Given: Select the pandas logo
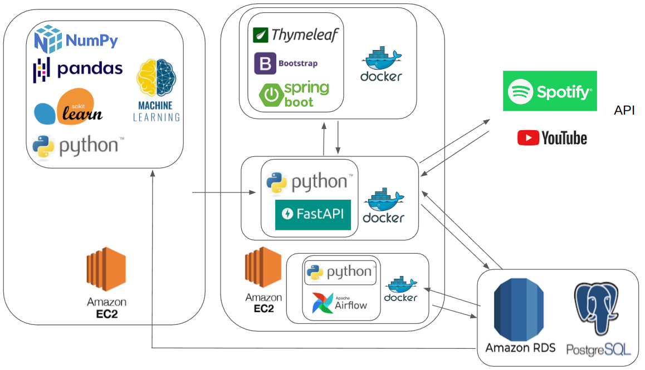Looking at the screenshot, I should [78, 69].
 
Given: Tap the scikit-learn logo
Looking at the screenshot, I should [69, 107].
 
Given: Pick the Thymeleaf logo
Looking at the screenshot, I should [295, 35].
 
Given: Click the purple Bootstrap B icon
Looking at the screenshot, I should [265, 63].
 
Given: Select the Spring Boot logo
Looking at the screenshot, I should [294, 95].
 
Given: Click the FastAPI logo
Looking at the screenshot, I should [313, 214].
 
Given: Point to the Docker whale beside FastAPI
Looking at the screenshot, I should [383, 205].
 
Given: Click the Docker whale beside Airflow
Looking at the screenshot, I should [400, 289].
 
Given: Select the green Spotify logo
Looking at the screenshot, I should [550, 91].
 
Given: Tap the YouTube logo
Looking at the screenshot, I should [552, 138].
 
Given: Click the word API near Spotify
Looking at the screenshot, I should [624, 111].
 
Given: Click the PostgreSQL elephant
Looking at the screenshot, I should [597, 309].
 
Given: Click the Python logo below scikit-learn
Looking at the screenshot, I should [76, 146].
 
